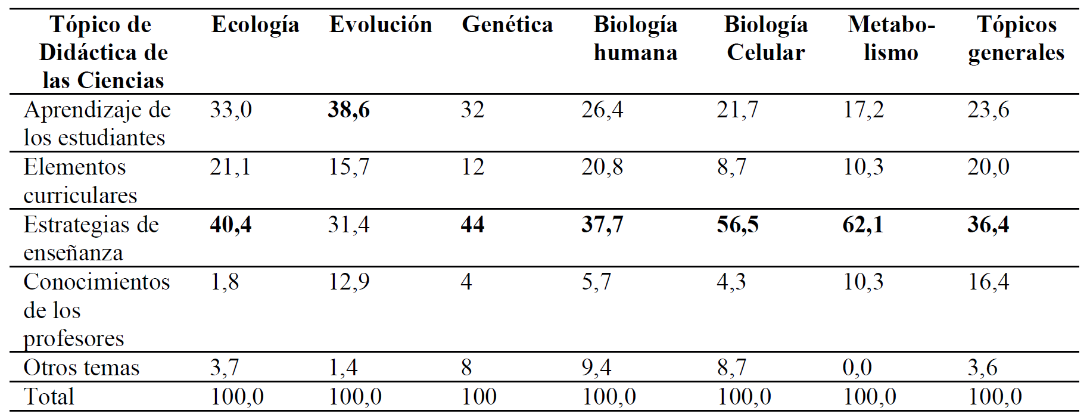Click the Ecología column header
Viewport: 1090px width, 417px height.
pyautogui.click(x=255, y=25)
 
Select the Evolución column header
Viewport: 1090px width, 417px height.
pyautogui.click(x=381, y=25)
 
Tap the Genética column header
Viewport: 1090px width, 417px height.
pyautogui.click(x=507, y=25)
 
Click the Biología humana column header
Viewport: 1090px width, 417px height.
pyautogui.click(x=636, y=39)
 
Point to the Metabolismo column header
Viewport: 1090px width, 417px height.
pyautogui.click(x=891, y=39)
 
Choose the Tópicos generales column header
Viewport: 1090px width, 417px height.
pyautogui.click(x=1016, y=39)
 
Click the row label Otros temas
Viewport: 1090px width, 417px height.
pyautogui.click(x=82, y=368)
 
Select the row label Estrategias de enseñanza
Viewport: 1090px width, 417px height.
pyautogui.click(x=91, y=238)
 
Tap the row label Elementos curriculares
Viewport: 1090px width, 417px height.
pyautogui.click(x=80, y=181)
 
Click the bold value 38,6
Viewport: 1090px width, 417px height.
pyautogui.click(x=348, y=110)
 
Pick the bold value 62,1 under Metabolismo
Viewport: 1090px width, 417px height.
pyautogui.click(x=862, y=225)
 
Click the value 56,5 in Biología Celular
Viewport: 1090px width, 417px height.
pyautogui.click(x=737, y=225)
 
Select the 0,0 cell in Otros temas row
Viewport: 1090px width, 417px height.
pyautogui.click(x=857, y=368)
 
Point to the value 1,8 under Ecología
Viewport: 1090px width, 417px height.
pyautogui.click(x=225, y=282)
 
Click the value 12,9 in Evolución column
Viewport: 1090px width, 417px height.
pyautogui.click(x=348, y=282)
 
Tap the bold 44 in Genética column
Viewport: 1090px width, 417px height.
pyautogui.click(x=472, y=225)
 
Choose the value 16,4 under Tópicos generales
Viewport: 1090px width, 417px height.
pyautogui.click(x=988, y=282)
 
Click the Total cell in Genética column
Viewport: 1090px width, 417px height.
pyautogui.click(x=479, y=397)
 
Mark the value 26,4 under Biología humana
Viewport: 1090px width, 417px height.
pyautogui.click(x=602, y=110)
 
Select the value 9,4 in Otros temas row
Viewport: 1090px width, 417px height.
pyautogui.click(x=596, y=368)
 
